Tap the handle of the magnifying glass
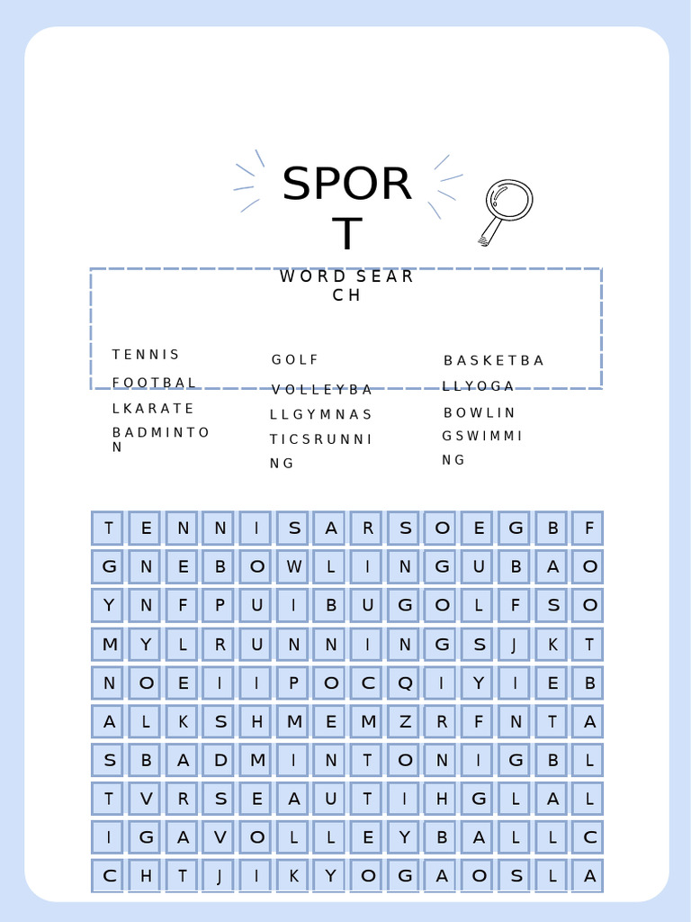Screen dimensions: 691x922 coord(490,232)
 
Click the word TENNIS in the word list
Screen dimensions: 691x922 coord(147,355)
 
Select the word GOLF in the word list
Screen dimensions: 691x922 coord(295,360)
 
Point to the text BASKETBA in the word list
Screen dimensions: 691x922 coord(494,361)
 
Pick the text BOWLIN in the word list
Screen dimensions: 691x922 coord(480,413)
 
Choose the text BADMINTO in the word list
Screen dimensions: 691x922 coord(161,433)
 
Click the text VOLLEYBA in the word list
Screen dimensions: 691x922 coord(322,390)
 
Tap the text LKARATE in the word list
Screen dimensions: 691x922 coord(153,409)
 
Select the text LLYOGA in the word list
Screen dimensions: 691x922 coord(479,387)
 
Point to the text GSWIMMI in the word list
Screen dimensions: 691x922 coord(482,437)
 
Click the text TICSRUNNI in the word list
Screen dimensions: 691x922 coord(321,439)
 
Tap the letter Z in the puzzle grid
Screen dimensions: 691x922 coord(405,721)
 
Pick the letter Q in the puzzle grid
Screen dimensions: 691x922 coord(405,683)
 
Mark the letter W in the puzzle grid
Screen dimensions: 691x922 coord(293,567)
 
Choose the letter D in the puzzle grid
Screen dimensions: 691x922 coord(220,760)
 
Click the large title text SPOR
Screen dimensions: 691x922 coord(346,185)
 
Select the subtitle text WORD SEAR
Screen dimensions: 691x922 coord(346,276)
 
